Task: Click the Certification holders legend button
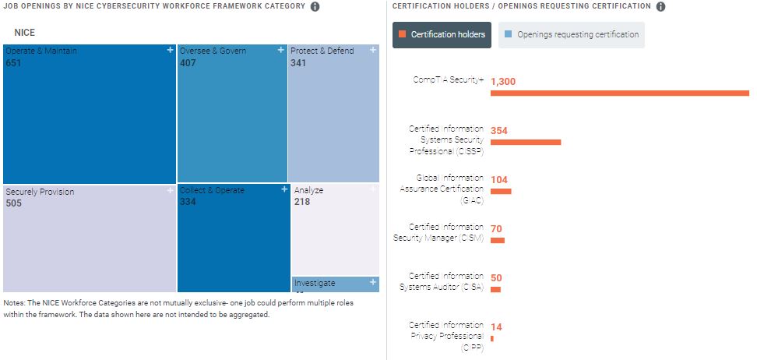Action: pyautogui.click(x=442, y=34)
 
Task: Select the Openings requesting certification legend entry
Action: pyautogui.click(x=571, y=34)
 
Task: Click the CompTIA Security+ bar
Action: pyautogui.click(x=619, y=94)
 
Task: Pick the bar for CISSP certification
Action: pyautogui.click(x=525, y=142)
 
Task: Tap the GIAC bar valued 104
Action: pyautogui.click(x=500, y=191)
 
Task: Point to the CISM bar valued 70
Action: pyautogui.click(x=497, y=240)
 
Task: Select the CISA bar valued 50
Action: pyautogui.click(x=495, y=289)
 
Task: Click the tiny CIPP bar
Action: pyautogui.click(x=492, y=338)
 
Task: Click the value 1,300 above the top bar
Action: pyautogui.click(x=503, y=81)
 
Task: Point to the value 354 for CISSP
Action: pyautogui.click(x=499, y=130)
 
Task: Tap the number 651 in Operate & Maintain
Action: pyautogui.click(x=13, y=63)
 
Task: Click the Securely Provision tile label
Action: pyautogui.click(x=40, y=192)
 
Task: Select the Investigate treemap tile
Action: pyautogui.click(x=336, y=284)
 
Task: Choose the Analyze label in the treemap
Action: pyautogui.click(x=308, y=190)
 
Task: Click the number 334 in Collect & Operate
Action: pyautogui.click(x=188, y=202)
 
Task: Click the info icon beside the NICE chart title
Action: pyautogui.click(x=315, y=7)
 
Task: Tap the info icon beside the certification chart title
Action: pyautogui.click(x=660, y=7)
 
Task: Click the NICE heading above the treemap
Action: pyautogui.click(x=25, y=33)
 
